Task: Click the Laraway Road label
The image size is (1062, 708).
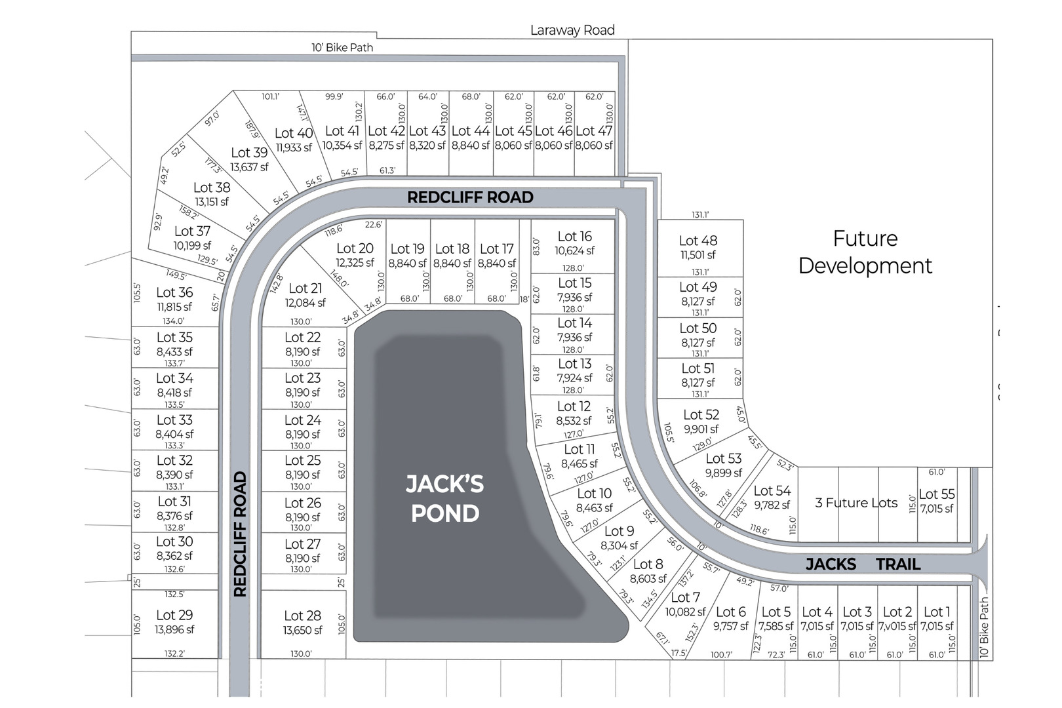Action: tap(572, 30)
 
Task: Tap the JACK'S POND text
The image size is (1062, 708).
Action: tap(444, 498)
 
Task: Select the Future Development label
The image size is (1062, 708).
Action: tap(865, 252)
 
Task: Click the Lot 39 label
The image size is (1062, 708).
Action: tap(249, 153)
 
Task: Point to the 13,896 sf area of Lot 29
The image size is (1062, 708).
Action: tap(174, 629)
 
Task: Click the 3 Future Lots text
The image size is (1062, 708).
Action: tap(856, 503)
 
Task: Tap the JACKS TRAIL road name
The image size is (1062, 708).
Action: tap(863, 564)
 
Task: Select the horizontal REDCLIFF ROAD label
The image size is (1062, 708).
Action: tap(470, 197)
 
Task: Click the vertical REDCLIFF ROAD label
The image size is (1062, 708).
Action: tap(240, 534)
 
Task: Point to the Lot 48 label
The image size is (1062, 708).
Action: tap(698, 241)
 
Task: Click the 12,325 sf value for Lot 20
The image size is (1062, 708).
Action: tap(355, 263)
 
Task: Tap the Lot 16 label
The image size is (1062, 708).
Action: tap(574, 237)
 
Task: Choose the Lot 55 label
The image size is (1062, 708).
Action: tap(936, 494)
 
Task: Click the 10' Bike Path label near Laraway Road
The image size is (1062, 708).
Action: tap(342, 47)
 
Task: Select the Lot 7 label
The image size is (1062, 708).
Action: tap(685, 597)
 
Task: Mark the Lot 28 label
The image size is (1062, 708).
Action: tap(302, 616)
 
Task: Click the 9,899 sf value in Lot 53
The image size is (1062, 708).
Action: tap(724, 473)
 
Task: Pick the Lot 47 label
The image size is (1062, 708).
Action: tap(594, 131)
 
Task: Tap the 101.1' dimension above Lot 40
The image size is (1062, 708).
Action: tap(271, 96)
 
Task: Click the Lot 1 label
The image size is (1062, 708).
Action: tap(936, 612)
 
